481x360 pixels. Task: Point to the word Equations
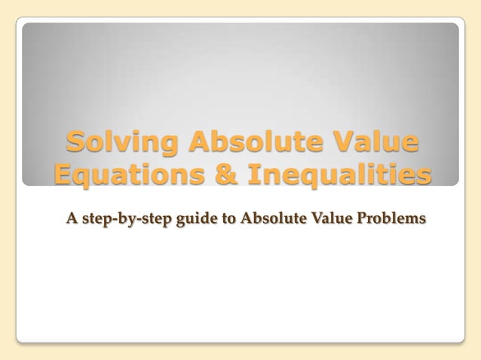pos(126,175)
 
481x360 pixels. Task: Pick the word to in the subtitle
pos(228,219)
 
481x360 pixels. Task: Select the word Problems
pos(392,218)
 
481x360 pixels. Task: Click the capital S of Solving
pos(75,142)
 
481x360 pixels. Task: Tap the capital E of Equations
pos(64,175)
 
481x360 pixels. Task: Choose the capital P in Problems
pos(363,218)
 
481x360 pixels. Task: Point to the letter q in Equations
pos(84,178)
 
